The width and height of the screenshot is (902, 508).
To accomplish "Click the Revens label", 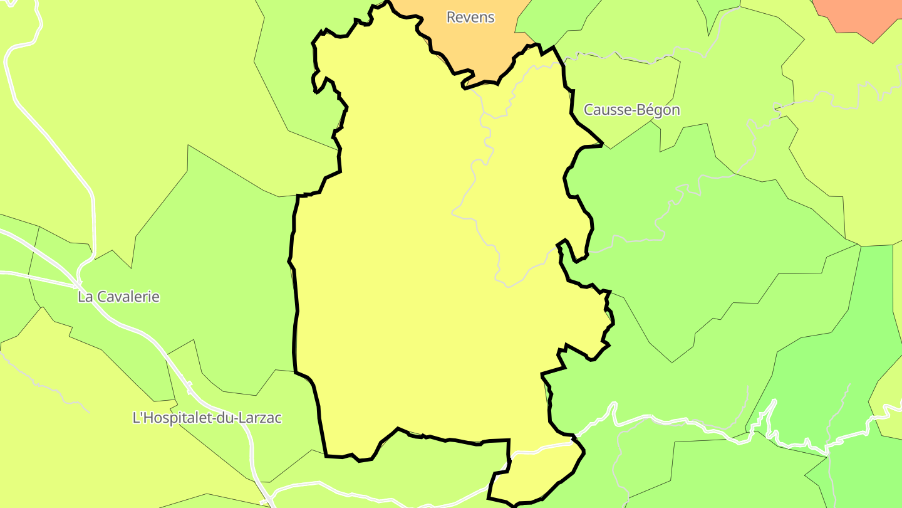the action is [x=470, y=18].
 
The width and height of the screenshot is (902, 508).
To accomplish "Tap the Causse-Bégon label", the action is [x=631, y=110].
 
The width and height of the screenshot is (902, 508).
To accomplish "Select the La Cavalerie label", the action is [x=118, y=297].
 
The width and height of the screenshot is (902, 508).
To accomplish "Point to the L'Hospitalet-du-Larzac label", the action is [x=207, y=418].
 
